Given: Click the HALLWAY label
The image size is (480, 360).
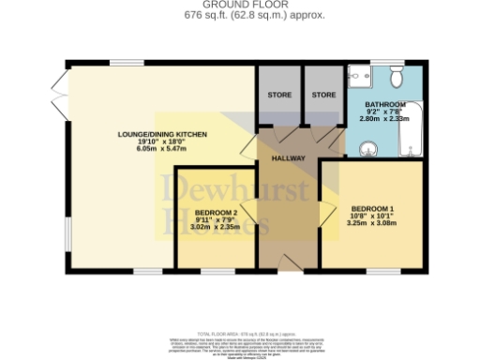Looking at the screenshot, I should [288, 158].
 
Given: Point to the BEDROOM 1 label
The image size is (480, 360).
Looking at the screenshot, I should [372, 207].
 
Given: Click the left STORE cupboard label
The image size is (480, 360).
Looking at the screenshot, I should [278, 95].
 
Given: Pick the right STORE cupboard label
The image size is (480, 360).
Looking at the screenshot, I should [323, 95].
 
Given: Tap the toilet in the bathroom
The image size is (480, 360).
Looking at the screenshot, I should [397, 75].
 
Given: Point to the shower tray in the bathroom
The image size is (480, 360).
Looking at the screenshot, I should [360, 77].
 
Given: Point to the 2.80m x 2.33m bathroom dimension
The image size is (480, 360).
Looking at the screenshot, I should [384, 120].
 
